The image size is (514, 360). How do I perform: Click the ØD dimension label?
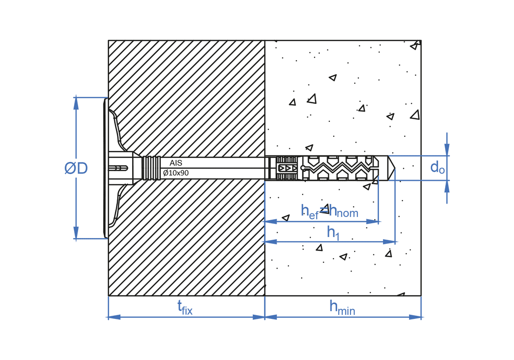76,168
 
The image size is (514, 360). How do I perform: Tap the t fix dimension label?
185,308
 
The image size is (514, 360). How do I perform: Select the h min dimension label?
342,308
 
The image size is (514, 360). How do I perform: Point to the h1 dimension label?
334,233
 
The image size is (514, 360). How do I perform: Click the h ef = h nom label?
329,211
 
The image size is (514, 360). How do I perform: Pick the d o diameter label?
437,167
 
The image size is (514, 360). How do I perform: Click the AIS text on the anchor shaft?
176,163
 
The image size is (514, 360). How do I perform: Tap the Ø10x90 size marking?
176,173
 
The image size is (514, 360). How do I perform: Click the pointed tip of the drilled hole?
395,168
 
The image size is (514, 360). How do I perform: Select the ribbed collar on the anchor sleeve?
152,168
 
